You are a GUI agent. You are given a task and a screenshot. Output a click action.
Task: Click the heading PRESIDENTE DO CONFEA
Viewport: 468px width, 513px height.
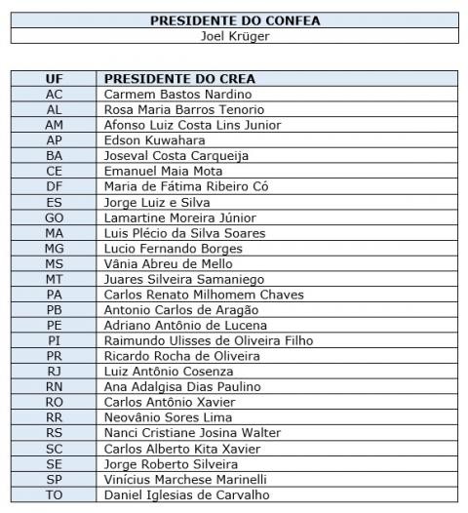point(234,20)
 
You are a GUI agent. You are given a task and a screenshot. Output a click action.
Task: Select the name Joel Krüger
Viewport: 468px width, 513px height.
point(234,36)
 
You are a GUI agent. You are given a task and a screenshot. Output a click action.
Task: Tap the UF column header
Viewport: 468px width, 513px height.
point(55,79)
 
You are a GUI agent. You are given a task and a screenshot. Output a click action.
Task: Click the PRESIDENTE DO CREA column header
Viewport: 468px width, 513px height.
point(187,79)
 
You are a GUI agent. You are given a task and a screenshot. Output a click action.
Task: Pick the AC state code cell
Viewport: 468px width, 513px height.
point(55,95)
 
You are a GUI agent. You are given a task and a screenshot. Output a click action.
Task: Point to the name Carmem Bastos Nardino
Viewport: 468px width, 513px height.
point(177,95)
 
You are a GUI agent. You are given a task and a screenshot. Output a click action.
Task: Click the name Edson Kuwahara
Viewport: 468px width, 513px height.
point(155,140)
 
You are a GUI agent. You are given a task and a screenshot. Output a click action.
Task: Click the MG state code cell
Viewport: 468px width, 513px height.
point(55,248)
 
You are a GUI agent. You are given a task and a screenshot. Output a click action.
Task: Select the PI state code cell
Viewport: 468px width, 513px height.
point(55,340)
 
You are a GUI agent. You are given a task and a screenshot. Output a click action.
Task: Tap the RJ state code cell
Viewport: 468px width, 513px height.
point(55,372)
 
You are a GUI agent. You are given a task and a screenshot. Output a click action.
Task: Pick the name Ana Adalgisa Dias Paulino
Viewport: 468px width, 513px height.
point(182,387)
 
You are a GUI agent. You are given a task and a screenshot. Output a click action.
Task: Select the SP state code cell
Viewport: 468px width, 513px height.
point(55,480)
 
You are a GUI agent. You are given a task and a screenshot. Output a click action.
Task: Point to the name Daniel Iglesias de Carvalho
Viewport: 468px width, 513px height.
point(188,495)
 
